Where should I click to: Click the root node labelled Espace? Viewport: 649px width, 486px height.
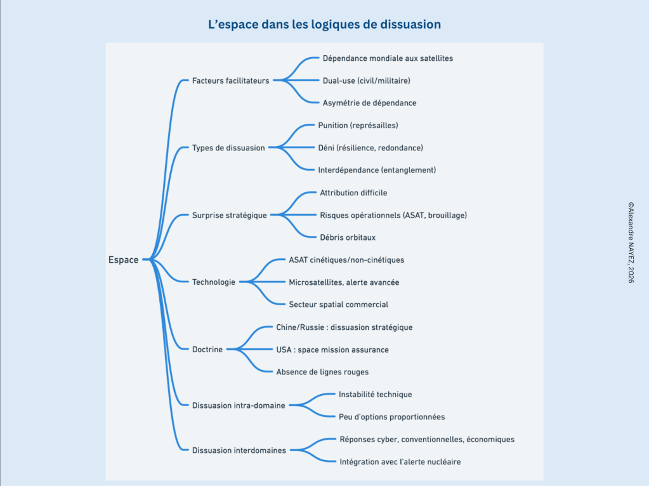click(x=123, y=259)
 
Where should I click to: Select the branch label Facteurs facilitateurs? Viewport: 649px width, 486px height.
click(x=230, y=81)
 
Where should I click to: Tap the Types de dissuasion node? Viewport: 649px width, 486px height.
click(x=228, y=148)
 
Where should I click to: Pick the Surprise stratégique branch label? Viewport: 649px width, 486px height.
click(x=229, y=215)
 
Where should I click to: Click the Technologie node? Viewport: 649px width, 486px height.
click(x=214, y=282)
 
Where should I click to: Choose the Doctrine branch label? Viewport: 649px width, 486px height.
click(x=207, y=349)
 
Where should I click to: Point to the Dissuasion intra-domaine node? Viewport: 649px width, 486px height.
click(x=239, y=405)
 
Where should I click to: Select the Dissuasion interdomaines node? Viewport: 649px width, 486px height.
click(x=239, y=450)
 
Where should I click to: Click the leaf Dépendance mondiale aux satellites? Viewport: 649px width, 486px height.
click(x=388, y=58)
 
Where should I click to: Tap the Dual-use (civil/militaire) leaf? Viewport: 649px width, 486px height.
click(x=366, y=81)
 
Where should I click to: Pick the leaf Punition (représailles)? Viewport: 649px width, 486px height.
click(x=358, y=126)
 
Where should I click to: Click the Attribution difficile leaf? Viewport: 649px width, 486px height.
click(x=353, y=193)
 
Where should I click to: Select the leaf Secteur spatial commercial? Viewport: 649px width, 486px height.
click(x=338, y=305)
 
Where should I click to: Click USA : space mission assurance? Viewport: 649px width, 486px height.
click(x=332, y=350)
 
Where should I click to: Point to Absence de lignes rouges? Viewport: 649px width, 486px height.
click(x=322, y=372)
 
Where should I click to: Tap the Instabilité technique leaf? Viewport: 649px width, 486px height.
click(x=375, y=394)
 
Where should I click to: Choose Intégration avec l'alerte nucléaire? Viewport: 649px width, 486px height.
click(x=400, y=461)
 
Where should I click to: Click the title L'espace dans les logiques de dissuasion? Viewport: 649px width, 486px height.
click(x=324, y=25)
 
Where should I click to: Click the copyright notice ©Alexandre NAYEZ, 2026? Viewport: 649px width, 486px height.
click(x=631, y=242)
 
